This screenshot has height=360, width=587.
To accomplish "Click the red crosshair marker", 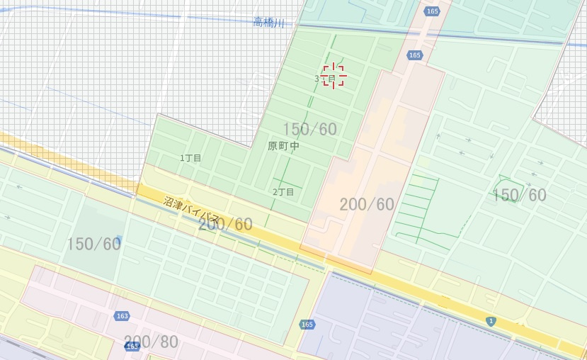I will point(334,76).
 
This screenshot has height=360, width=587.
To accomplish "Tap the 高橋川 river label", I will point(268,23).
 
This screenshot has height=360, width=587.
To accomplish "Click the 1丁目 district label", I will point(190,158).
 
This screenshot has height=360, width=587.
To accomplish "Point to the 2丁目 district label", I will point(283,192).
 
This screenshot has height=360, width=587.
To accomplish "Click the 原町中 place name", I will point(283,146).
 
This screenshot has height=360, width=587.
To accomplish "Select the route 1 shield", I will point(491,321).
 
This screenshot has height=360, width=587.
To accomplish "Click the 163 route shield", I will point(122,316).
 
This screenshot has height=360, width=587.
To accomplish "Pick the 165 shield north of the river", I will point(432,11).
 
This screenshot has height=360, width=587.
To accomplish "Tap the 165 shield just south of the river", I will point(414,55).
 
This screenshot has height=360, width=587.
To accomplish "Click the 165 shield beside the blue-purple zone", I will point(306,325).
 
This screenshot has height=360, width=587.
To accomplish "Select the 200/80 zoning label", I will point(151,342).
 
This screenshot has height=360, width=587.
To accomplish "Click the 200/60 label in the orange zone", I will point(366,205).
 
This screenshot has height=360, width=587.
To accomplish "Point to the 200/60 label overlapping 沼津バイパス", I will point(226,225).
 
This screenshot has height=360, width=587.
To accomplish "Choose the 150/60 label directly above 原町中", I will point(309,129).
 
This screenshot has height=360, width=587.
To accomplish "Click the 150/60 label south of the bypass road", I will point(93,244).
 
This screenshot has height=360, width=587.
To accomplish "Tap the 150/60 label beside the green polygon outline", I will point(519,196).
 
